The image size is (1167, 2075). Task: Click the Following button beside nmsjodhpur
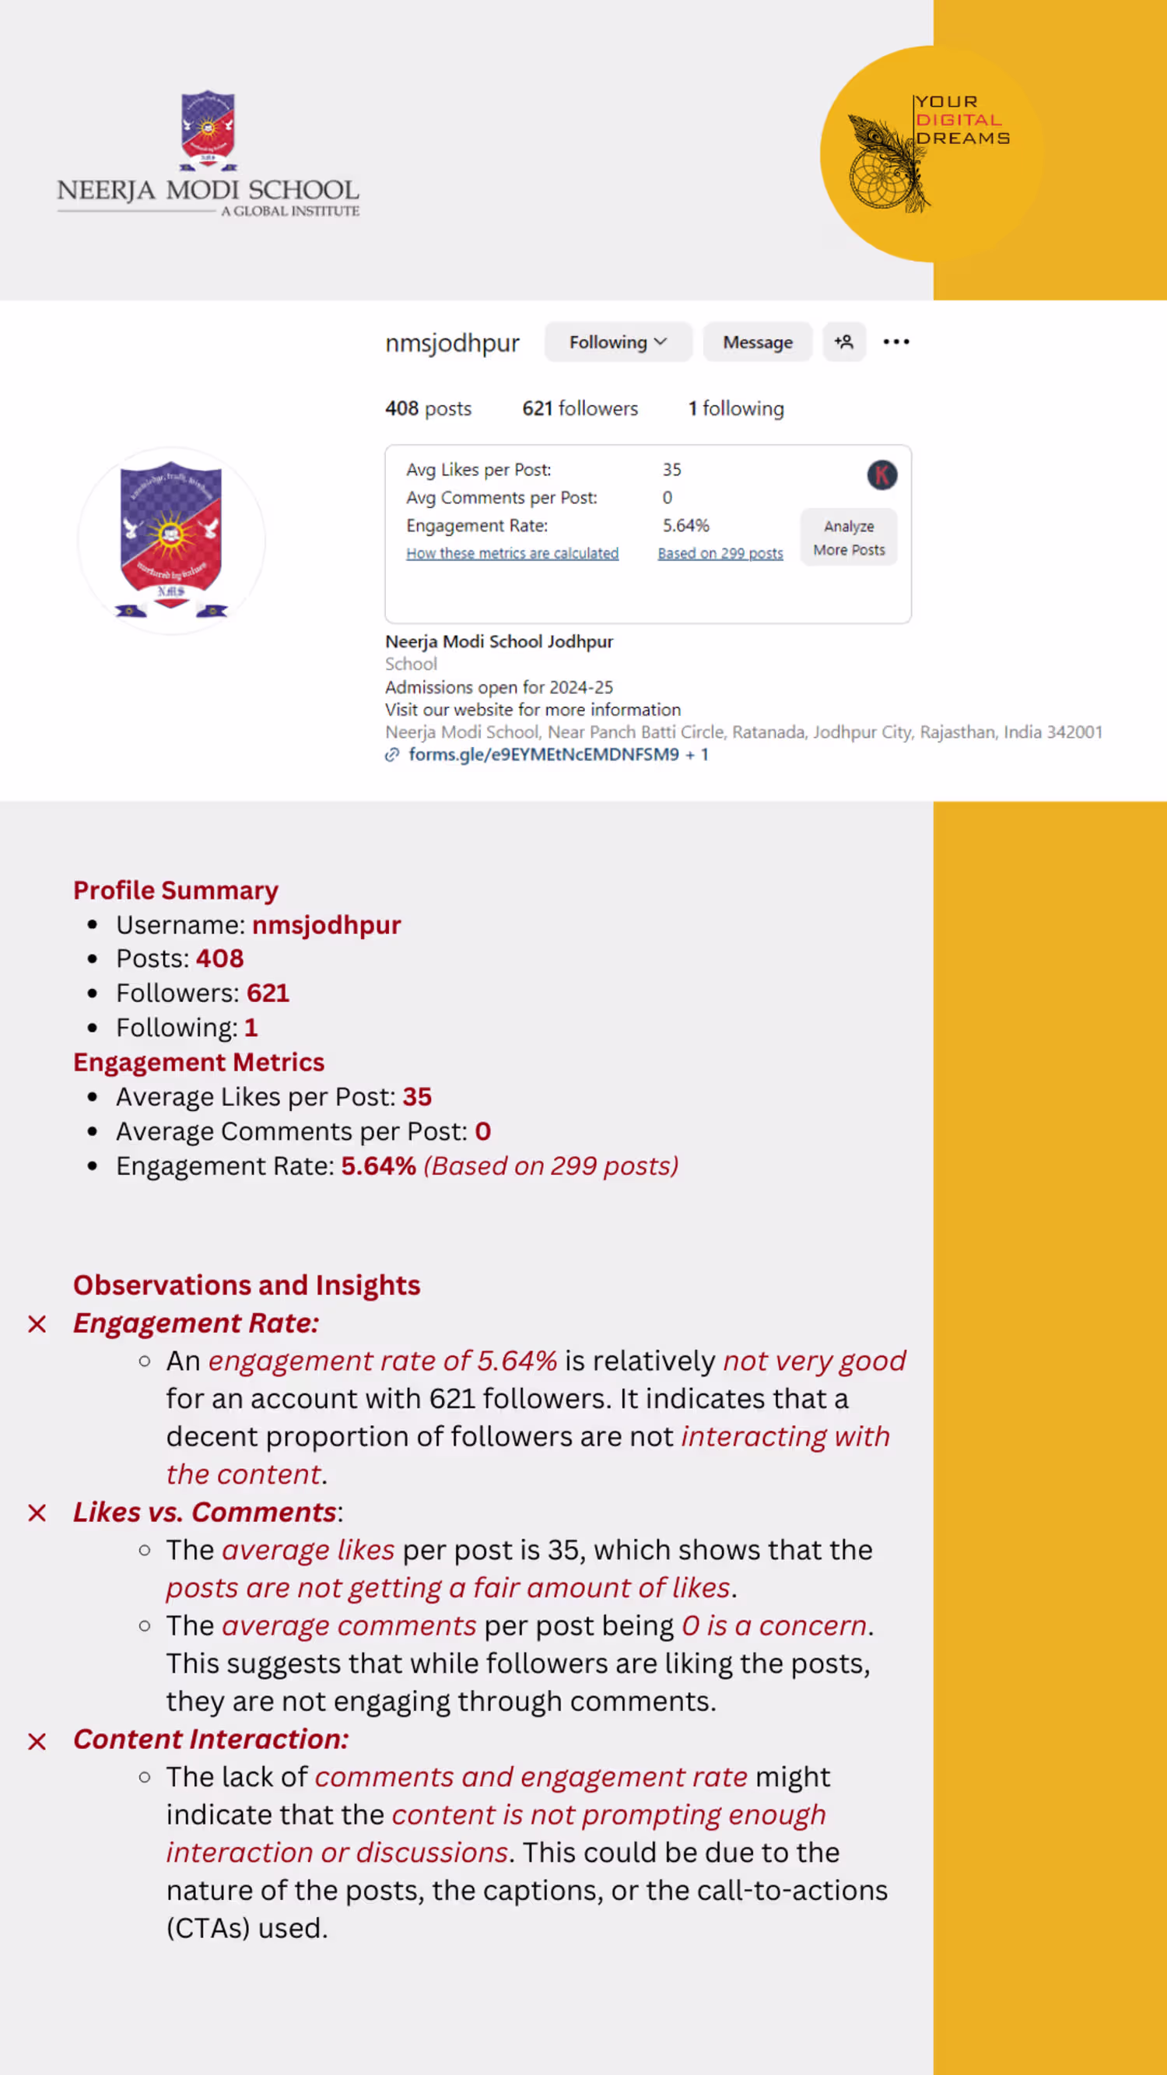(x=618, y=342)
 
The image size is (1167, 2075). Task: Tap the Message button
(x=757, y=342)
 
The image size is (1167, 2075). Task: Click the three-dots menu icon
(x=895, y=342)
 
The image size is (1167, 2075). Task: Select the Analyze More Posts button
(x=848, y=538)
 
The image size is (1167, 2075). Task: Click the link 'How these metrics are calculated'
(x=512, y=553)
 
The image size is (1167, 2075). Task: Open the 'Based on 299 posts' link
(x=720, y=553)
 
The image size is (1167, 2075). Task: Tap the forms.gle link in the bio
(x=544, y=755)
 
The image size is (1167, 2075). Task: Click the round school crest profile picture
(x=170, y=540)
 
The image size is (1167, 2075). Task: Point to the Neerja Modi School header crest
(x=208, y=129)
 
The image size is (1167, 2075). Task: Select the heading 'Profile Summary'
(x=176, y=890)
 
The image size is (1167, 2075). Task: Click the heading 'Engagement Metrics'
(x=199, y=1063)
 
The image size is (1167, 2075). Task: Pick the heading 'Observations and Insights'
(x=247, y=1285)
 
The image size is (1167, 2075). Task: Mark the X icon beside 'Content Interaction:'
(x=37, y=1741)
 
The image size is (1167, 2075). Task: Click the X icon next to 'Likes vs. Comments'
(x=37, y=1512)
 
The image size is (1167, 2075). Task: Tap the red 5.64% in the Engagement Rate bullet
(x=379, y=1166)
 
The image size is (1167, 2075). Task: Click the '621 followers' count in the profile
(x=580, y=409)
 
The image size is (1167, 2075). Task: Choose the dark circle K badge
(x=882, y=475)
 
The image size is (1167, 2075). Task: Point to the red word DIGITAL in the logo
(x=958, y=120)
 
